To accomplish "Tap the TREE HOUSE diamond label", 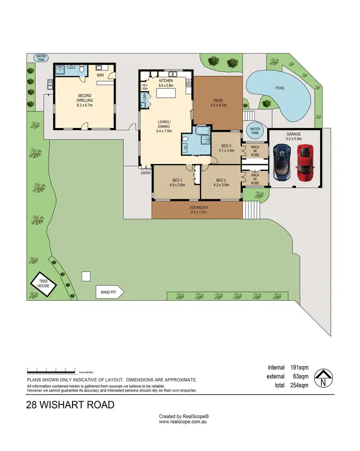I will click(x=44, y=284).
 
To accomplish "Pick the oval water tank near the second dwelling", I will click(x=41, y=58).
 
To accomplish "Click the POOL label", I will click(x=280, y=89).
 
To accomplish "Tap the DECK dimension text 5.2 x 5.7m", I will click(x=218, y=105).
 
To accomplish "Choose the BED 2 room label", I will click(x=221, y=180).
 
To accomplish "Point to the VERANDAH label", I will click(x=197, y=208).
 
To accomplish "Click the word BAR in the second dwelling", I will click(x=100, y=75).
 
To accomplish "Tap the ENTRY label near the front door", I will click(x=146, y=173).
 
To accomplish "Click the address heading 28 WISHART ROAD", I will click(x=71, y=405).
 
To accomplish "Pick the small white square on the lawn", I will click(x=86, y=276).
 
